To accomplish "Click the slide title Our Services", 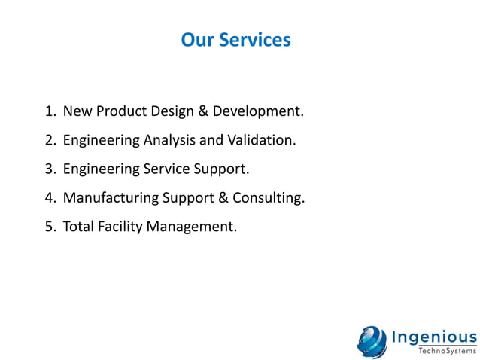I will [235, 40].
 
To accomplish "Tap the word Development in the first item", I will [258, 112].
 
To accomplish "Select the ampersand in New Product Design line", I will [202, 112].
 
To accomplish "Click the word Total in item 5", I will [79, 227].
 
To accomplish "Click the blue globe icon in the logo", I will [372, 340].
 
